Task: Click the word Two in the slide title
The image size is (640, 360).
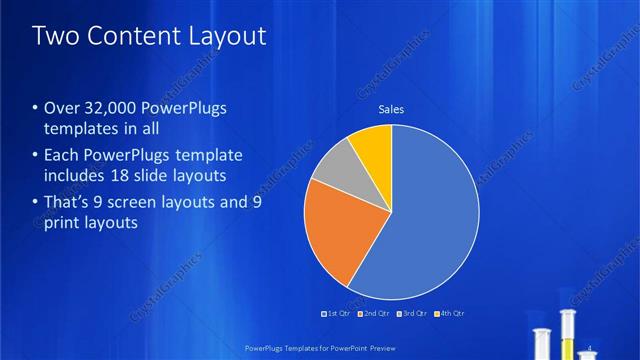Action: point(54,36)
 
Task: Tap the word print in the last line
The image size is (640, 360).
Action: point(63,223)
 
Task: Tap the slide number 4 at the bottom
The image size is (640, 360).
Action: point(593,347)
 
